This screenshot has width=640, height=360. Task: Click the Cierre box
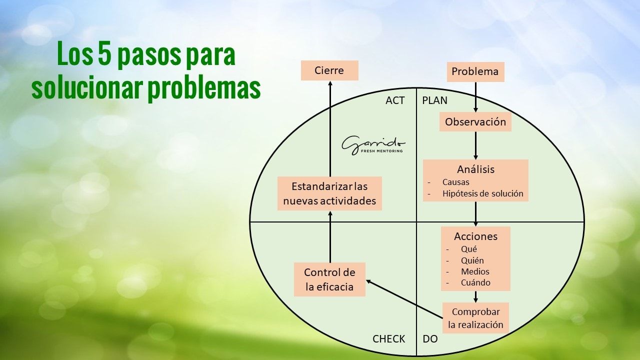coord(329,70)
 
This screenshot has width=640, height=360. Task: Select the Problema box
coord(475,71)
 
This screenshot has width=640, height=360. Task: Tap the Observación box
coord(475,122)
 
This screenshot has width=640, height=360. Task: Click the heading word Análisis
coord(475,169)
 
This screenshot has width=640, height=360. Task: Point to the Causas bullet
coord(455,182)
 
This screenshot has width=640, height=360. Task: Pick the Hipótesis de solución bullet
coord(482,193)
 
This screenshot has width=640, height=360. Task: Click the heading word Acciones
coord(475,236)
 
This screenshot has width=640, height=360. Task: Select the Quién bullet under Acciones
coord(472,260)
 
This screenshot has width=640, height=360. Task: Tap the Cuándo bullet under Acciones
coord(475,282)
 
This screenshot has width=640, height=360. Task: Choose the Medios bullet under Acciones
coord(475,271)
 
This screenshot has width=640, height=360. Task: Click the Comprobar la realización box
coord(475,318)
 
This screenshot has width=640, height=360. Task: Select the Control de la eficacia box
coord(329,279)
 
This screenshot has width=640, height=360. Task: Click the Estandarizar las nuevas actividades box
coord(329,193)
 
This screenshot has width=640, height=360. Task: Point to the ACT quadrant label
coord(395,100)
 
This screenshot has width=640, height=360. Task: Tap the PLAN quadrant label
coord(434,100)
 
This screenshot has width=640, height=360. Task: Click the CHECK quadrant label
coord(388,339)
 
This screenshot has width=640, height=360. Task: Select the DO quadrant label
coord(430,339)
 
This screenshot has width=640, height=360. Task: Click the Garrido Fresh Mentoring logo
coord(373,144)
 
